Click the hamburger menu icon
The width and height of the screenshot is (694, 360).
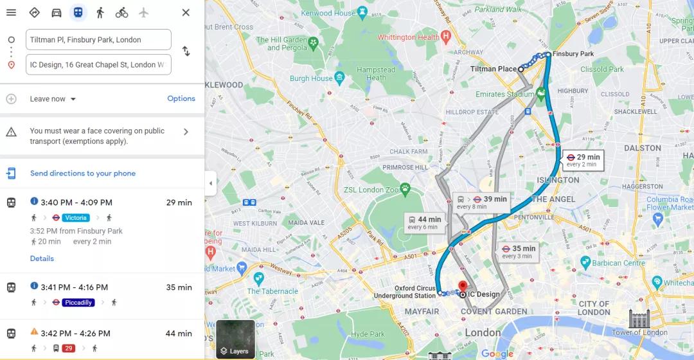click(11, 13)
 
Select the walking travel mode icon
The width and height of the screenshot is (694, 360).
click(100, 13)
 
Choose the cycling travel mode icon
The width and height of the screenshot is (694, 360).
click(121, 13)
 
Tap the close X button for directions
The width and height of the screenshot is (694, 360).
click(186, 13)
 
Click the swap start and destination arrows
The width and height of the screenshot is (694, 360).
click(186, 51)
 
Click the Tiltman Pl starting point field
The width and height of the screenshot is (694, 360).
click(98, 40)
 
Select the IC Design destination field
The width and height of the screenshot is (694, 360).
click(98, 65)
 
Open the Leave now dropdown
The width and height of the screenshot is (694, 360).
click(53, 99)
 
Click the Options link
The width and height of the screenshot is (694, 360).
click(181, 99)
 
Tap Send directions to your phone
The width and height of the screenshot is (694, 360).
click(82, 174)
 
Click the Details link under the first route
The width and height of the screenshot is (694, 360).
click(42, 258)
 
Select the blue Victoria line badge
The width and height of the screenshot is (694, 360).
click(76, 218)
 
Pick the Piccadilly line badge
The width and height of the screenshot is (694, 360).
click(78, 303)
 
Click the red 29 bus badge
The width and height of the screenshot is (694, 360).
click(69, 348)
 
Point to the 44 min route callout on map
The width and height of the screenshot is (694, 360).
click(424, 222)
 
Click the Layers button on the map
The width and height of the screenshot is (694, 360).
click(235, 339)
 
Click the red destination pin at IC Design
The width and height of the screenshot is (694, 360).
click(462, 286)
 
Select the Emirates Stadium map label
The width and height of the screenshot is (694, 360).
click(504, 94)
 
